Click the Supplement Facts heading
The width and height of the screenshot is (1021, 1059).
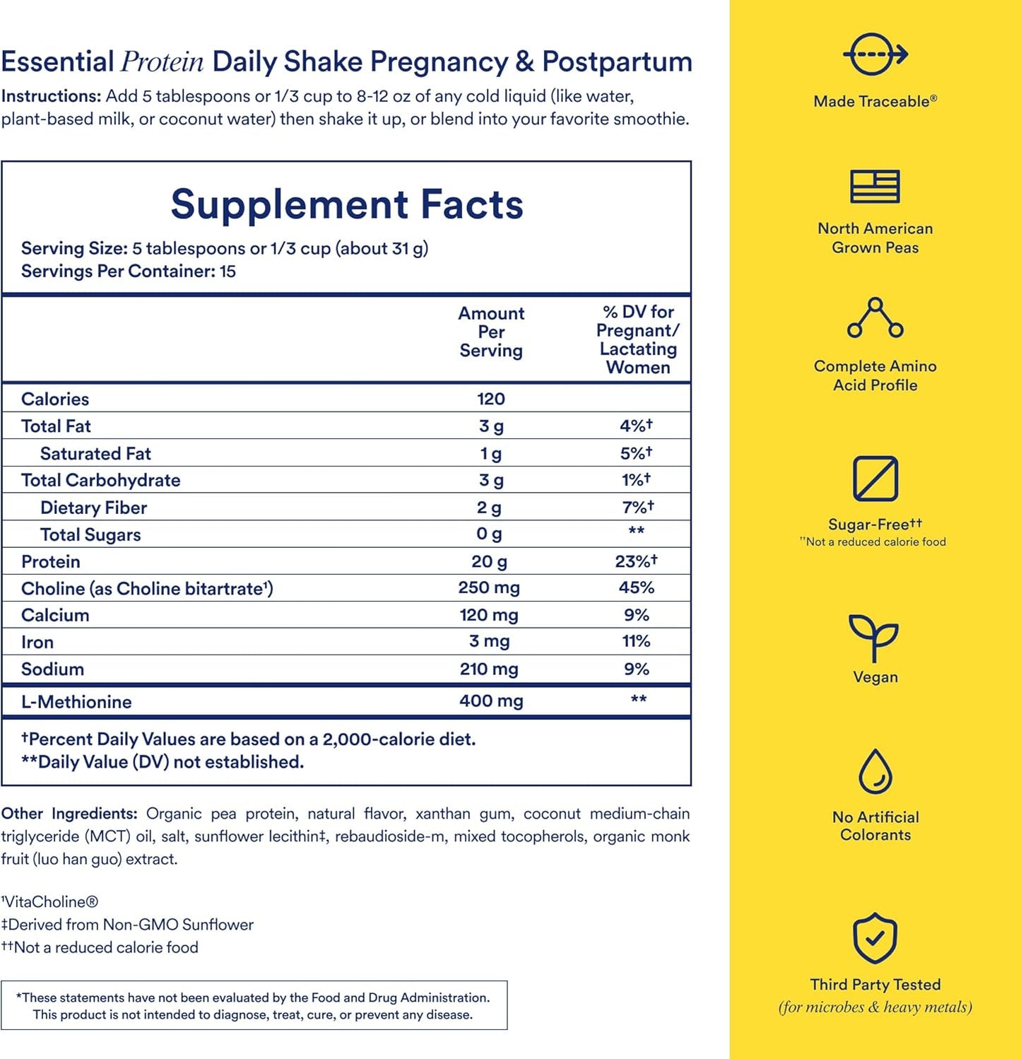point(346,205)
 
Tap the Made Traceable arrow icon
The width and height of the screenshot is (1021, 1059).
point(875,54)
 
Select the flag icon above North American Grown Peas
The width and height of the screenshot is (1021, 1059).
point(875,187)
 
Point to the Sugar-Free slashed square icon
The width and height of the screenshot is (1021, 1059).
point(875,479)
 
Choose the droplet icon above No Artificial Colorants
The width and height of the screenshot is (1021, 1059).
point(875,772)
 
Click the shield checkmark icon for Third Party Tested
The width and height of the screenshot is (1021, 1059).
point(875,938)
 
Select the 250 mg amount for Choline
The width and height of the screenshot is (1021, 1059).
point(489,587)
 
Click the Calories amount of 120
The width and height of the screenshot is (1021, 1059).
point(490,399)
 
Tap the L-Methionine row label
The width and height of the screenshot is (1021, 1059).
point(76,702)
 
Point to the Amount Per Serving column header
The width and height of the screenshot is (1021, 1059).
point(491,332)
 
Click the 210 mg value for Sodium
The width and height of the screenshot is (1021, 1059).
point(489,669)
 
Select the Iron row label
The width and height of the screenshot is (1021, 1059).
point(37,642)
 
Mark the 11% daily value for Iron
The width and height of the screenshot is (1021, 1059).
point(636,641)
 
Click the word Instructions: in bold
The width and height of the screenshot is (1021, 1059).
point(51,96)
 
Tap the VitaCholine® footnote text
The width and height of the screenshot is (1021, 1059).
point(50,902)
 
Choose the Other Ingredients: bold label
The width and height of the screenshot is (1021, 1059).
point(69,814)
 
